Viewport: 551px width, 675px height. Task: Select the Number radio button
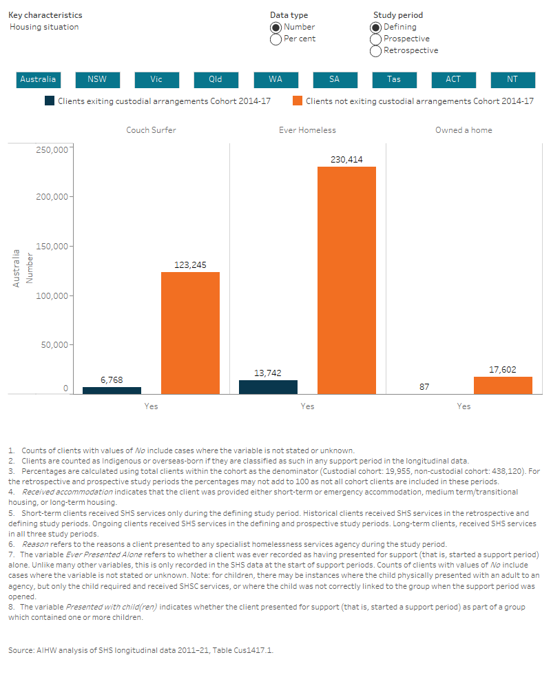(x=275, y=27)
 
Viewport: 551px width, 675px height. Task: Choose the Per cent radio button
(x=275, y=39)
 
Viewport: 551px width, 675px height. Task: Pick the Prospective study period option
(x=375, y=39)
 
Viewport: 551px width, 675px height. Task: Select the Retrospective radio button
(x=375, y=50)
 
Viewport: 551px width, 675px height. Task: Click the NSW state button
(x=97, y=79)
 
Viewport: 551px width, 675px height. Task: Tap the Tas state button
(x=394, y=79)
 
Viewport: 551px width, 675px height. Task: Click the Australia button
(x=38, y=79)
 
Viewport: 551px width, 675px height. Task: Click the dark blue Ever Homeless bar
(x=269, y=387)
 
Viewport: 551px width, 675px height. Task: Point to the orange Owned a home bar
(x=503, y=385)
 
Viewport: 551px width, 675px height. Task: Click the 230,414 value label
(x=346, y=160)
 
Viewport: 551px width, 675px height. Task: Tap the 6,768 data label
(x=112, y=380)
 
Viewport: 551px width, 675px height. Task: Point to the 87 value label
(x=424, y=387)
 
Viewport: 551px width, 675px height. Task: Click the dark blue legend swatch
(x=50, y=101)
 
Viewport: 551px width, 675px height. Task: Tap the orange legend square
(x=298, y=101)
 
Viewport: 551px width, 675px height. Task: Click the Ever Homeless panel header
(x=307, y=129)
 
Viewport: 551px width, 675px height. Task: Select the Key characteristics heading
(x=45, y=15)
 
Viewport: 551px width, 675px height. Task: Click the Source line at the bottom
(x=145, y=650)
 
